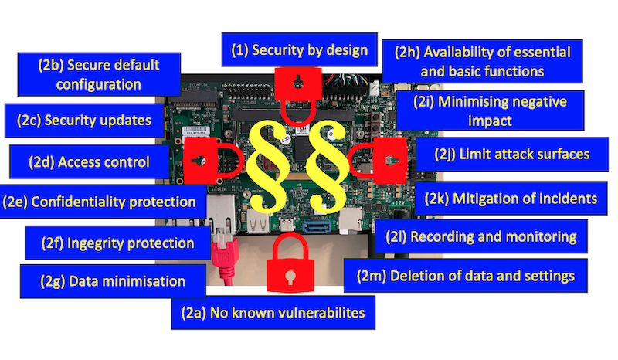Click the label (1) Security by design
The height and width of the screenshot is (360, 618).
point(300,49)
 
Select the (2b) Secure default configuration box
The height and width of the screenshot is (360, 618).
point(99,74)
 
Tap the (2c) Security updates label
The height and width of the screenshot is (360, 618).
point(84,121)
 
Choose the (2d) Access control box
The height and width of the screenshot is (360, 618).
point(89,161)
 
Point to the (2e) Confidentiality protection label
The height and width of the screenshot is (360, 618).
point(103,202)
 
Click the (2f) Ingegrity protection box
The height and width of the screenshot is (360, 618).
point(117,243)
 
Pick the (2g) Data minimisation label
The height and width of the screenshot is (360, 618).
point(113,281)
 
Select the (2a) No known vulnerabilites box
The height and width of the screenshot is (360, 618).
point(273,313)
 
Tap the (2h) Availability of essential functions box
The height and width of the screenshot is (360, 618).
point(482,61)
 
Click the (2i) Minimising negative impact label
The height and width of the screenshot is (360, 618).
point(491,110)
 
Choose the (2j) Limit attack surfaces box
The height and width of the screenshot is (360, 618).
point(512,154)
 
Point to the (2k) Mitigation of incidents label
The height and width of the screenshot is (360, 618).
point(511,199)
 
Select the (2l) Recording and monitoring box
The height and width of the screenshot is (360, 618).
point(481,236)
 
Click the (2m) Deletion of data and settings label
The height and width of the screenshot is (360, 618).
point(466,276)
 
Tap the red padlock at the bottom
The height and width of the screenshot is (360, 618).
point(290,263)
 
